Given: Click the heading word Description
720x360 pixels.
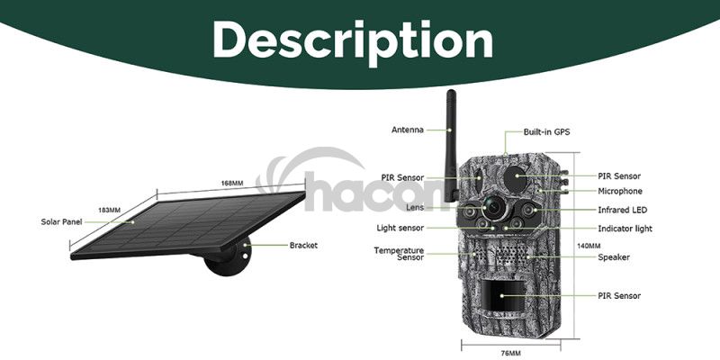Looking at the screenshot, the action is [353, 40].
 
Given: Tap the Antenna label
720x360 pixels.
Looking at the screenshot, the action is [408, 130].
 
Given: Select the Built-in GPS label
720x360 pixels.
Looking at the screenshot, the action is [546, 131].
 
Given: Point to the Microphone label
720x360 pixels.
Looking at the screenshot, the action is [620, 191].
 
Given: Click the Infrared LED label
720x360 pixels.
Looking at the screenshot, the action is [622, 210].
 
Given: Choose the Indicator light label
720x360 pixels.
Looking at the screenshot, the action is [625, 229].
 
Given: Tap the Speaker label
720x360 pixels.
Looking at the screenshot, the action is [614, 257].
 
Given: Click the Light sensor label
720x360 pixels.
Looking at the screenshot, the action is [400, 228].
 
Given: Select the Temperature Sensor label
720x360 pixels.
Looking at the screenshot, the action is [399, 254].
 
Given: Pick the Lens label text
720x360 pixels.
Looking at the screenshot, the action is [415, 208].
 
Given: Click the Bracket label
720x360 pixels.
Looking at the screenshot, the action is [303, 245].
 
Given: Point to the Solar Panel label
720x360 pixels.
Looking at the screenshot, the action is [61, 221].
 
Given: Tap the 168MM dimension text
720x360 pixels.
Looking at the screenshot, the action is [232, 184].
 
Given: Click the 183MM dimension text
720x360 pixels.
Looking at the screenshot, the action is [109, 211].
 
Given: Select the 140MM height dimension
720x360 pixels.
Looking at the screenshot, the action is [589, 246].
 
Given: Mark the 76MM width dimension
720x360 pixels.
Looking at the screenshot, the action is [510, 353].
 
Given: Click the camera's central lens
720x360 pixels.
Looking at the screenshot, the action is [493, 209].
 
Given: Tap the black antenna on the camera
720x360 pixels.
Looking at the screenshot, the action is [452, 146].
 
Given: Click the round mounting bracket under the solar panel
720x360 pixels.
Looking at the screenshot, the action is [229, 258].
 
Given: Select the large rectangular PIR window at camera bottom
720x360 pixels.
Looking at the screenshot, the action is [502, 295].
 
